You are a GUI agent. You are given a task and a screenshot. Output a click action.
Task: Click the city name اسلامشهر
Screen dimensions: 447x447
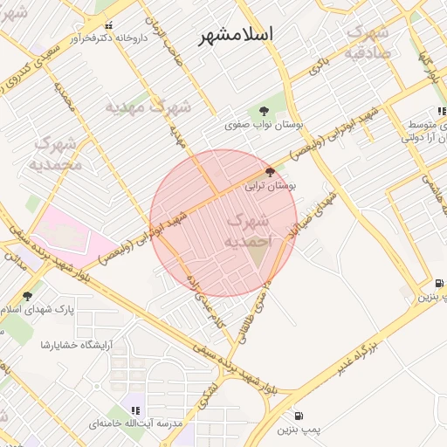(237, 34)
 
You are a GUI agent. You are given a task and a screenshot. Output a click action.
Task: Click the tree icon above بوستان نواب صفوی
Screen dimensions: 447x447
(263, 111)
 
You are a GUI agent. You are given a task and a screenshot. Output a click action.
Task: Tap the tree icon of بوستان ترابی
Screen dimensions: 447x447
(271, 173)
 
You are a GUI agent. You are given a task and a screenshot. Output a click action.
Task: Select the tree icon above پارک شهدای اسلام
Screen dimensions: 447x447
(27, 296)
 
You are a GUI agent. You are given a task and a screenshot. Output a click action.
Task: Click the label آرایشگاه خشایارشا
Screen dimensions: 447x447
(71, 345)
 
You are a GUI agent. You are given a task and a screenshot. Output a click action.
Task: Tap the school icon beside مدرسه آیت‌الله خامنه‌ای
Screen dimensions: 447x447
(135, 409)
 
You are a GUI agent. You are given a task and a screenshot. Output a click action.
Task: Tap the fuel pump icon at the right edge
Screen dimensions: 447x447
(439, 283)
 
